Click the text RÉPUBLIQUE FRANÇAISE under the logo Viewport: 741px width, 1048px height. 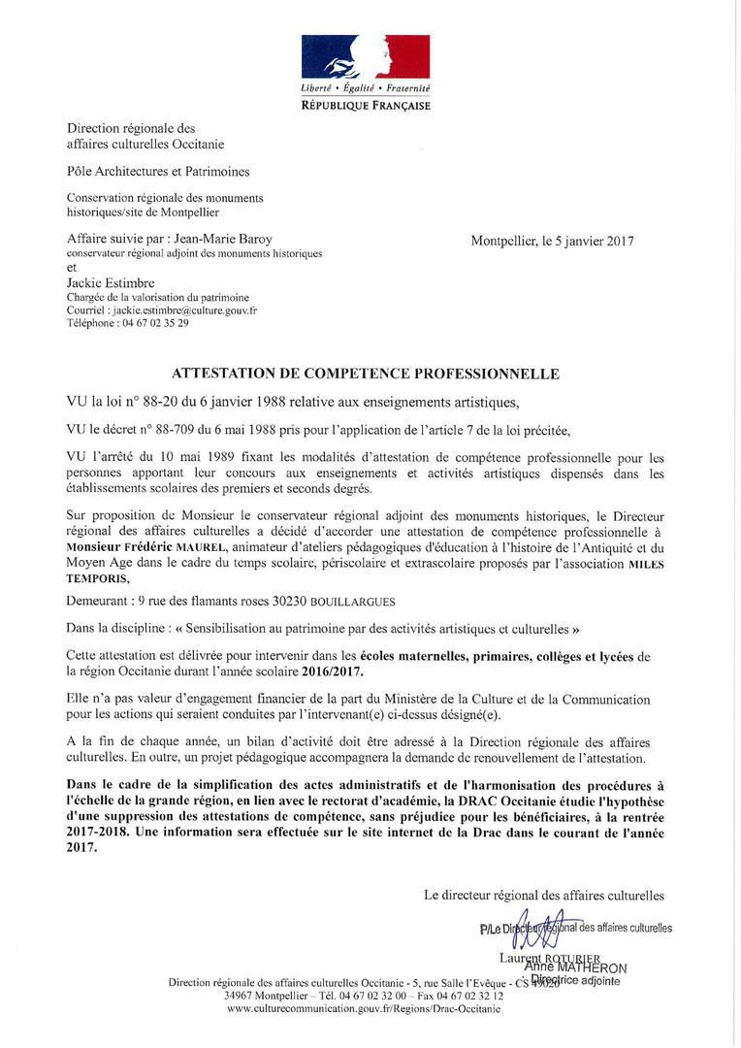tap(366, 105)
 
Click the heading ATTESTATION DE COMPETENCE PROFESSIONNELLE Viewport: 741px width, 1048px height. tap(366, 373)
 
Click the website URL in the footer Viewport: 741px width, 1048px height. tap(364, 1009)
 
